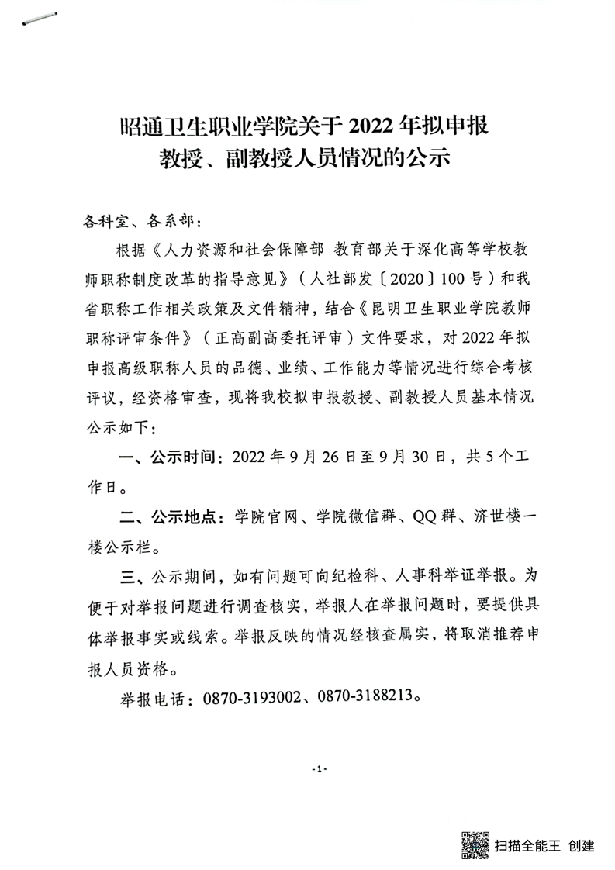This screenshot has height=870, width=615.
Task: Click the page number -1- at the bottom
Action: (x=318, y=768)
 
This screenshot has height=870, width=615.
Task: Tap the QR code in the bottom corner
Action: (x=475, y=844)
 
